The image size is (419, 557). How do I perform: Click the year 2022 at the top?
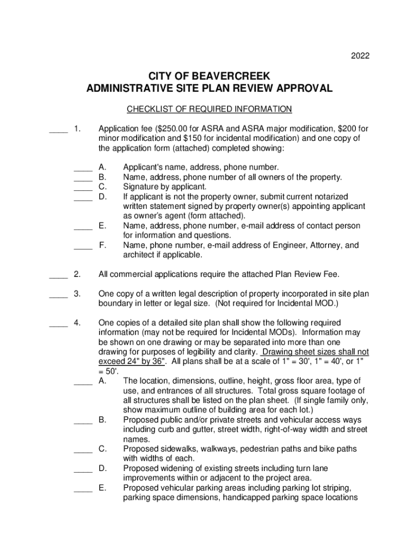pos(360,56)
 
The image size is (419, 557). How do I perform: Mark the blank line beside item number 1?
pos(58,130)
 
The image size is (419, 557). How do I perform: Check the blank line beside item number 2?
pos(58,274)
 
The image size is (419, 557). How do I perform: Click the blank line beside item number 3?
pos(58,294)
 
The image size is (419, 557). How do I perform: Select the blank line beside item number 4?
pos(58,324)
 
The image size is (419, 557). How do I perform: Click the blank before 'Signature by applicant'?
pos(83,187)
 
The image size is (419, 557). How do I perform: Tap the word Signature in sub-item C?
pos(141,187)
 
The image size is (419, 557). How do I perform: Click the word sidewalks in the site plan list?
pos(176,449)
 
